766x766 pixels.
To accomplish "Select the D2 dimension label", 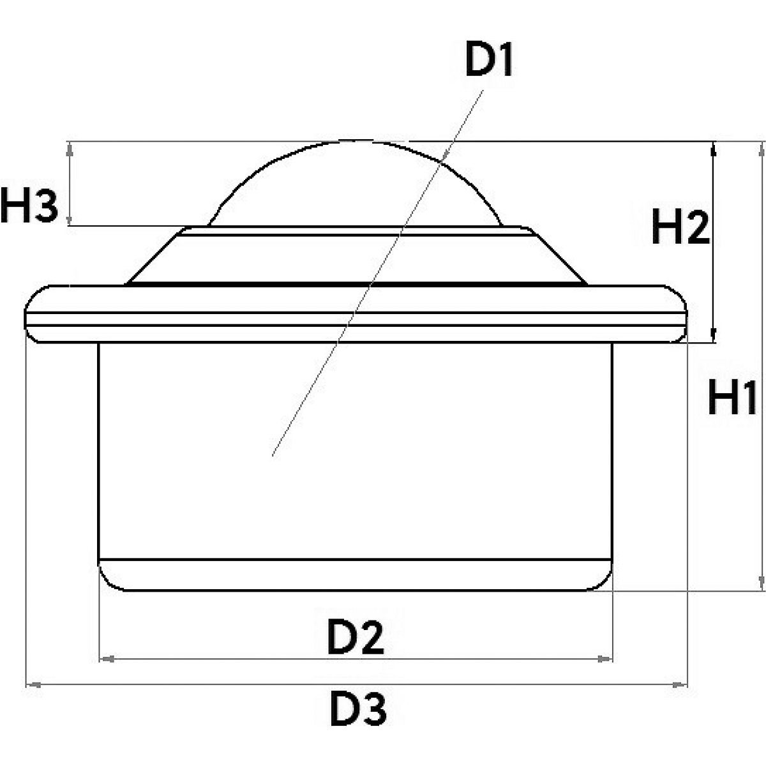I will click(356, 637).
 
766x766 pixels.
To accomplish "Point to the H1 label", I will click(732, 397).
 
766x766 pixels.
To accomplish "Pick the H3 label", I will click(29, 206).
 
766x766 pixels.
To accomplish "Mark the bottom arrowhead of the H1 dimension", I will click(761, 583).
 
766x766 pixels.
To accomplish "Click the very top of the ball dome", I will click(357, 140).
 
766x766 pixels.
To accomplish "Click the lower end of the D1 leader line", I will click(273, 454).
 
